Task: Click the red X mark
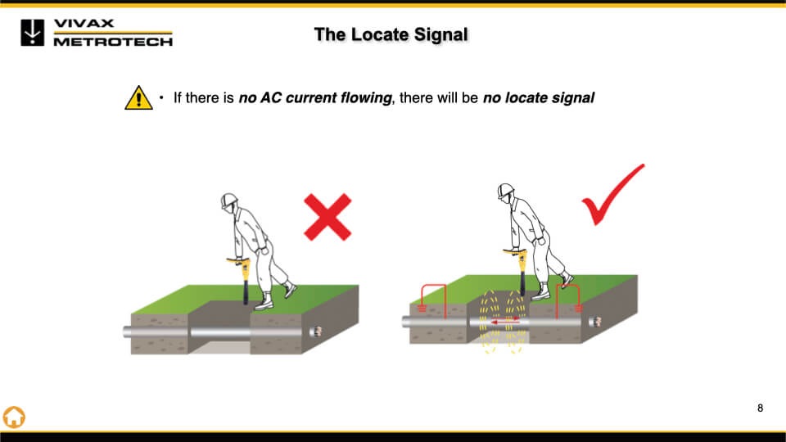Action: (x=327, y=217)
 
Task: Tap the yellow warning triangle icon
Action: (x=138, y=97)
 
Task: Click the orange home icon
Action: (x=14, y=417)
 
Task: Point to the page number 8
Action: (x=761, y=408)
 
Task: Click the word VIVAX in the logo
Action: (x=84, y=23)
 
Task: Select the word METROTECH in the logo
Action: (x=113, y=42)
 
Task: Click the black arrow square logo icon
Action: (x=33, y=33)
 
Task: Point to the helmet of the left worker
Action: (x=228, y=201)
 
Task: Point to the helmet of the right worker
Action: (x=505, y=191)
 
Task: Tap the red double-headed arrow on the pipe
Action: (x=505, y=321)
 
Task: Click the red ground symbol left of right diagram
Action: (x=422, y=307)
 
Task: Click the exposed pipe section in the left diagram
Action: (x=220, y=332)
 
